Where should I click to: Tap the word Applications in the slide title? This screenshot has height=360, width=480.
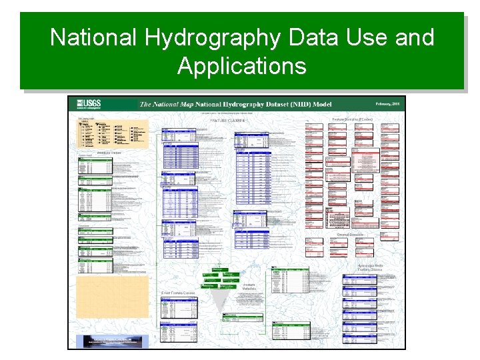[241, 66]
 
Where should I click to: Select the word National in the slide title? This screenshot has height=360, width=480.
[93, 37]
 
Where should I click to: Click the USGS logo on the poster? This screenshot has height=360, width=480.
[90, 103]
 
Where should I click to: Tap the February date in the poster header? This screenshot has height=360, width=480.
[387, 103]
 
